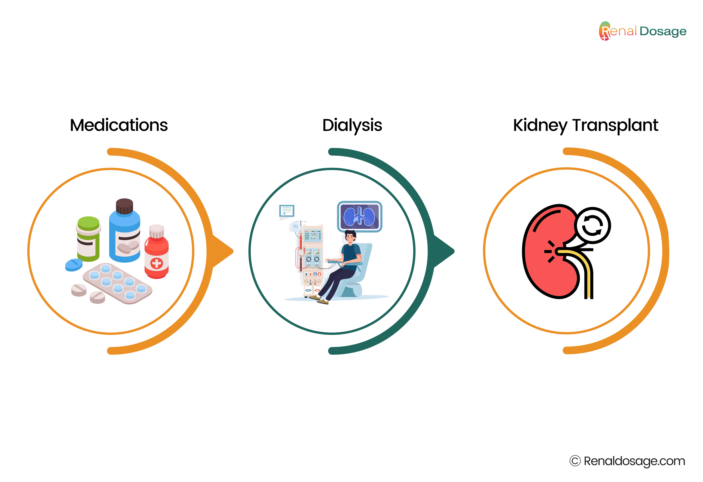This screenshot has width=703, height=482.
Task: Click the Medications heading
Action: coord(119,125)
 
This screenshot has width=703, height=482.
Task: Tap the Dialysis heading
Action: coord(352,126)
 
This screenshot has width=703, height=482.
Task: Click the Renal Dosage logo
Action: coord(642,31)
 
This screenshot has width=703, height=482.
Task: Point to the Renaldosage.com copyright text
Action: coord(627,461)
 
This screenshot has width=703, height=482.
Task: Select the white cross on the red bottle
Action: coord(156,263)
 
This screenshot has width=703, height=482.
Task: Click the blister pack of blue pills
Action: coord(117,283)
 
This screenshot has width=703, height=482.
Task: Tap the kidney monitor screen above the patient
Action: coord(360,216)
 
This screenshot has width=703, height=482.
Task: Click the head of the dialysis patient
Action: coord(350,237)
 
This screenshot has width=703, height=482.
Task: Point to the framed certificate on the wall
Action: coord(287,211)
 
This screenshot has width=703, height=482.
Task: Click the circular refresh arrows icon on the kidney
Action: coord(592,226)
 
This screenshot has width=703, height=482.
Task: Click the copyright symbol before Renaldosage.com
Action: coord(575,461)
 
